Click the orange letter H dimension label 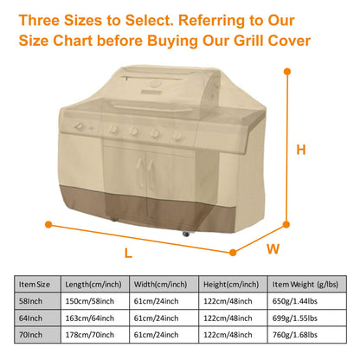[300, 149]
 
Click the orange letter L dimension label [128, 253]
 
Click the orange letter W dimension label [272, 249]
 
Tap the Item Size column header [39, 283]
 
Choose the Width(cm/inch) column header [162, 283]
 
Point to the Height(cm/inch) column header [231, 283]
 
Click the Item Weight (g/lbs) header [304, 283]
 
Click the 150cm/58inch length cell [93, 300]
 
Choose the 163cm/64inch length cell [93, 317]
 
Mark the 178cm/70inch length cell [93, 333]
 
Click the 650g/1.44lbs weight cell [293, 300]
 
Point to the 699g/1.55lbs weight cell [293, 317]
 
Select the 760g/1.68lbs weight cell [293, 333]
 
